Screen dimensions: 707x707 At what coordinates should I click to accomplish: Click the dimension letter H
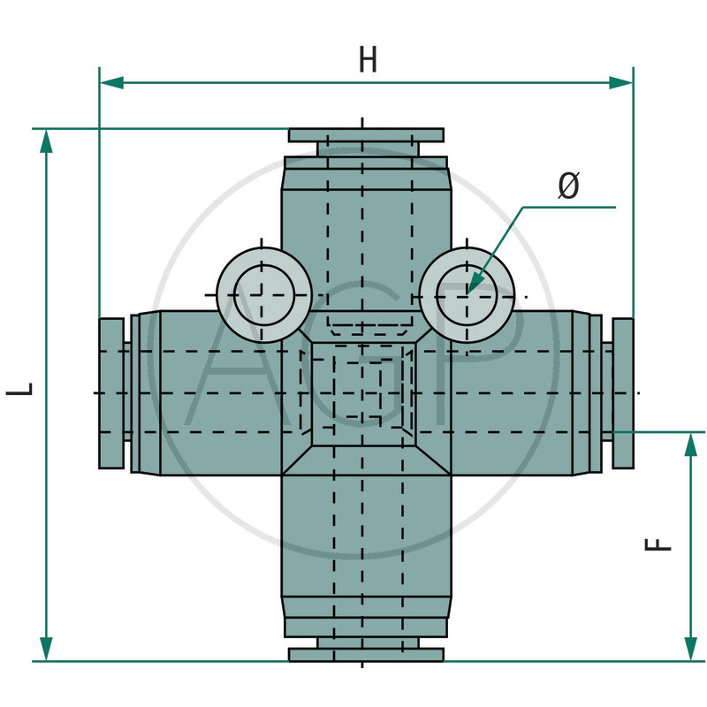coord(368,59)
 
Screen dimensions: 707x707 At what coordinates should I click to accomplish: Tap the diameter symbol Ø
coord(569,186)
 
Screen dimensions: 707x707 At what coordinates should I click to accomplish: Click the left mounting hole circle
coord(262,294)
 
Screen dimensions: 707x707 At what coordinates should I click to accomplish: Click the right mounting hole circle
coord(468,294)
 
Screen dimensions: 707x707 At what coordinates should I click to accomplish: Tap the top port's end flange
coord(366,134)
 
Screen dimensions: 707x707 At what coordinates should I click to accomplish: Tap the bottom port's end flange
coord(366,654)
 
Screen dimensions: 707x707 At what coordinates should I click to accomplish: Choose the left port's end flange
coord(111,392)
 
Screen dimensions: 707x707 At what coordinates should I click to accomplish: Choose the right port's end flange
coord(622,392)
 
